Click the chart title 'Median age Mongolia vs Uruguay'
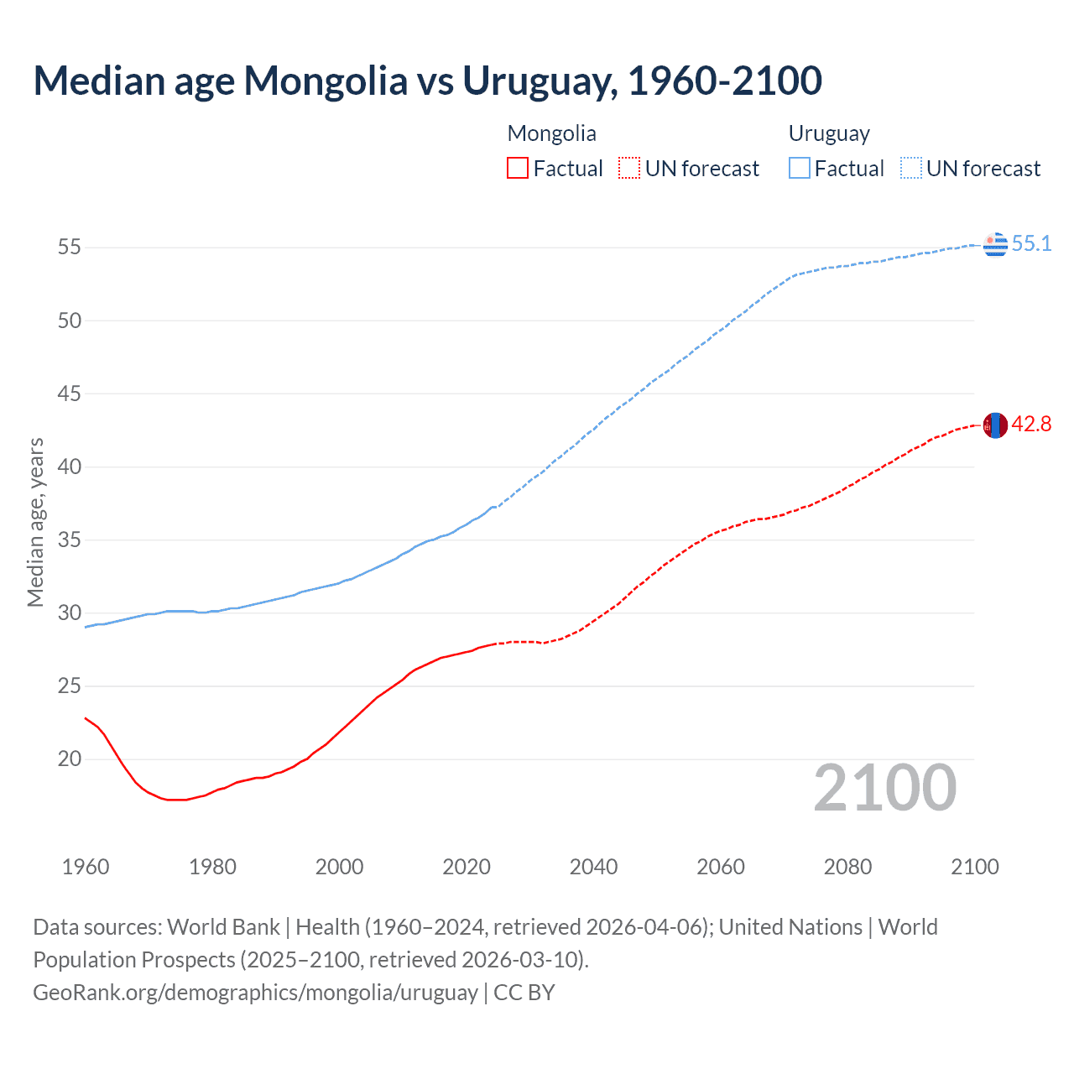pos(427,81)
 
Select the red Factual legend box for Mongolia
pos(518,169)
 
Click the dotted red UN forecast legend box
pos(628,169)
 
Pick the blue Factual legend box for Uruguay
pos(800,169)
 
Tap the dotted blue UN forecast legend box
pos(910,169)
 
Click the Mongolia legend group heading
pos(551,133)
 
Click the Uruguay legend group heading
pos(828,133)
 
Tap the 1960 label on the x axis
pos(86,867)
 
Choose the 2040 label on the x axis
pos(593,867)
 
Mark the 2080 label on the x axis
pos(847,867)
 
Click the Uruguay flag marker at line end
pos(995,244)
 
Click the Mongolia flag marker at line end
pos(995,425)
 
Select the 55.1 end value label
pos(1031,244)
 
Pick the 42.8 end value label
pos(1031,425)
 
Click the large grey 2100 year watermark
pos(884,788)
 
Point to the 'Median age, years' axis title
pos(35,522)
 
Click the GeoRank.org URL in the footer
pos(255,993)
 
